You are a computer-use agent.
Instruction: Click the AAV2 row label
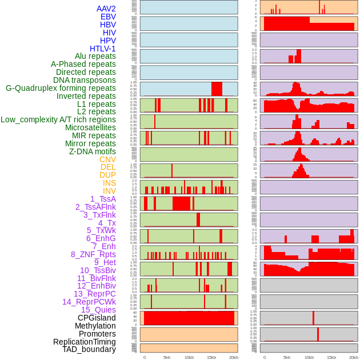click(106, 9)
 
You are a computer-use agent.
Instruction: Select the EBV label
click(108, 17)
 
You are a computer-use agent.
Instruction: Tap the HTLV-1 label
click(103, 49)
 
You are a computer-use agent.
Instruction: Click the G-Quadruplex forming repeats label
click(61, 88)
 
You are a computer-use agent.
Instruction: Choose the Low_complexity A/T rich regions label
click(58, 120)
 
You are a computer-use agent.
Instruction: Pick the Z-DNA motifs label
click(93, 151)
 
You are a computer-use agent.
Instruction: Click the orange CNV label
click(107, 159)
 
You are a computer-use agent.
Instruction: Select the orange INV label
click(109, 191)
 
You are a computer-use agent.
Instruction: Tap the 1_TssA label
click(103, 199)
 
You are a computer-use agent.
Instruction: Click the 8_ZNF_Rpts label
click(93, 254)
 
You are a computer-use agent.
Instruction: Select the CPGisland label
click(97, 318)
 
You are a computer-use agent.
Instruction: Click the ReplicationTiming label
click(84, 342)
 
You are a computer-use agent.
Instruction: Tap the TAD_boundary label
click(89, 349)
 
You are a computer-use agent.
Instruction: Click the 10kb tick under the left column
click(189, 357)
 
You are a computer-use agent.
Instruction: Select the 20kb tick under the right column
click(354, 357)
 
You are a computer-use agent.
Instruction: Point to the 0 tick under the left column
click(144, 357)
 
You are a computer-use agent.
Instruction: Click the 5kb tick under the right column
click(287, 357)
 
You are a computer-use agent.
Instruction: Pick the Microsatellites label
click(90, 128)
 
